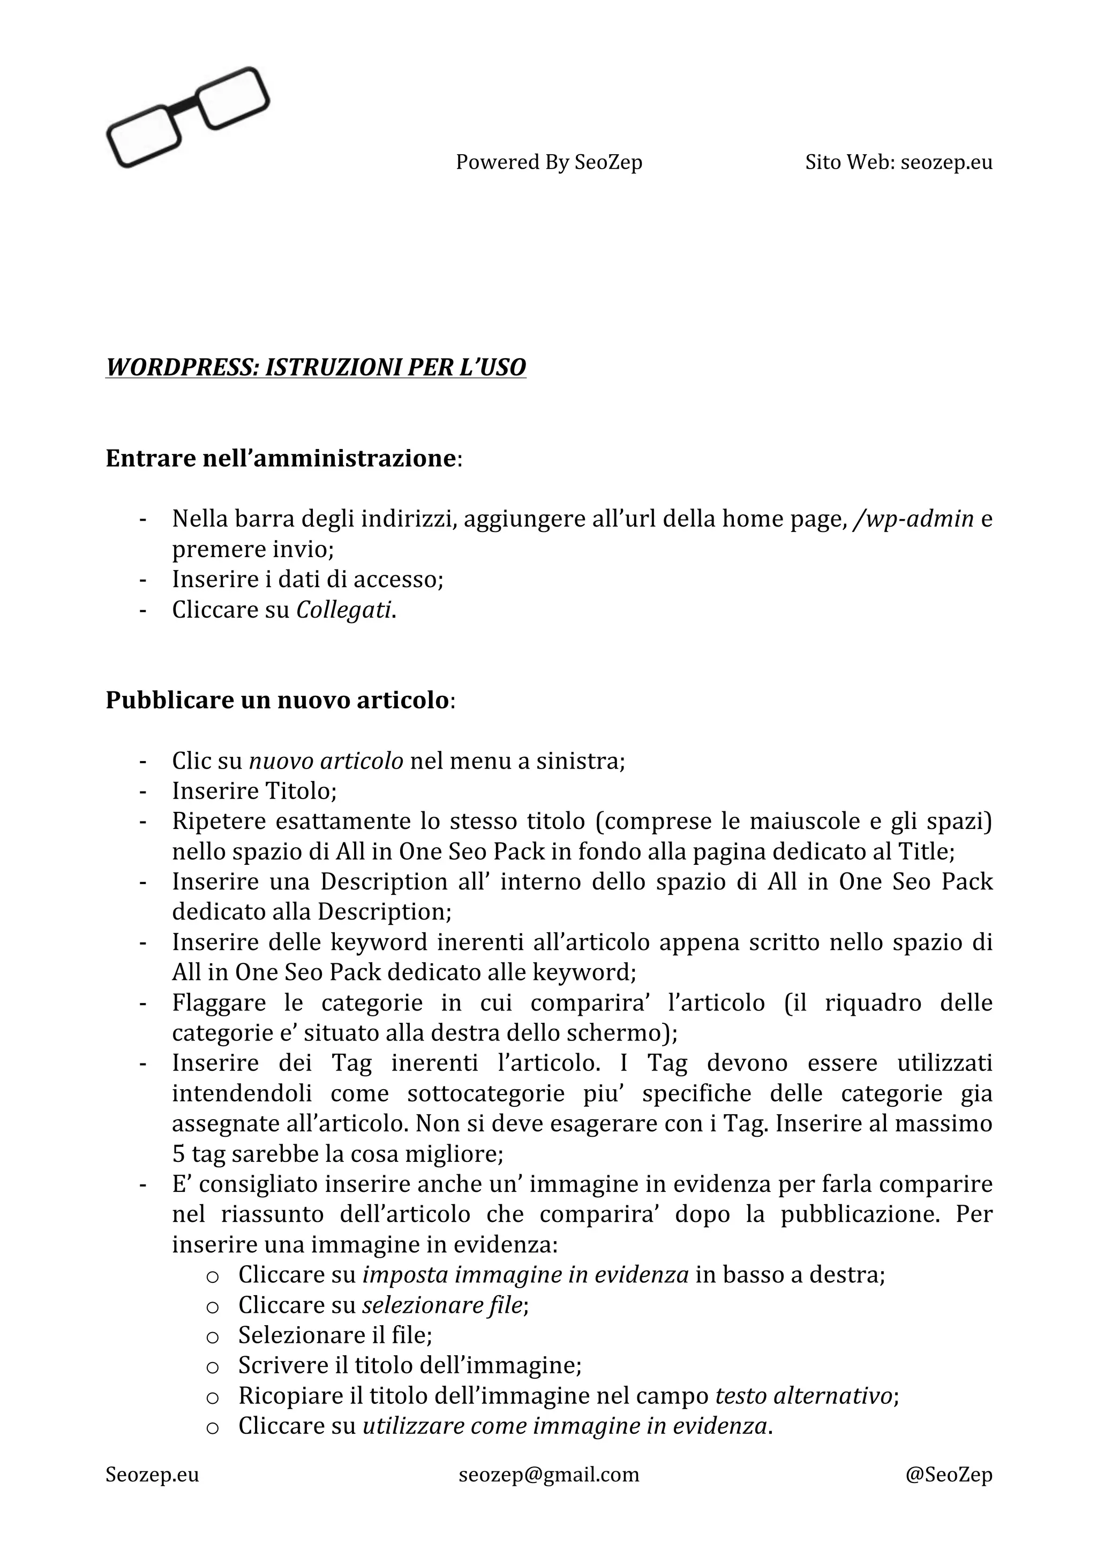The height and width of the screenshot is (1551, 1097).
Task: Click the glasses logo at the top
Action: point(187,117)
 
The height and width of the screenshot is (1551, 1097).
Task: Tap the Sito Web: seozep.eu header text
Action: point(898,162)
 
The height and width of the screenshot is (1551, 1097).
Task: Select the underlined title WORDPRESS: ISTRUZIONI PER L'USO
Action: point(315,368)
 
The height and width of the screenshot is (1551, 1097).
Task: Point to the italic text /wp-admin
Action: point(913,519)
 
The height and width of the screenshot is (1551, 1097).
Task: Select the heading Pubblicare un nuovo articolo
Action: point(277,700)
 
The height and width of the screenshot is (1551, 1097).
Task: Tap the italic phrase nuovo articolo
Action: point(326,761)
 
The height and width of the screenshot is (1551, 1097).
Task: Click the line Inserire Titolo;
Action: point(254,790)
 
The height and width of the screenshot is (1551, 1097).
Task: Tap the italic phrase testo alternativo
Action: point(803,1395)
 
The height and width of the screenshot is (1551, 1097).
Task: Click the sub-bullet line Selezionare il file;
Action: point(335,1335)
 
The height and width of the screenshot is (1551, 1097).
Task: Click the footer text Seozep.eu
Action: point(152,1474)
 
